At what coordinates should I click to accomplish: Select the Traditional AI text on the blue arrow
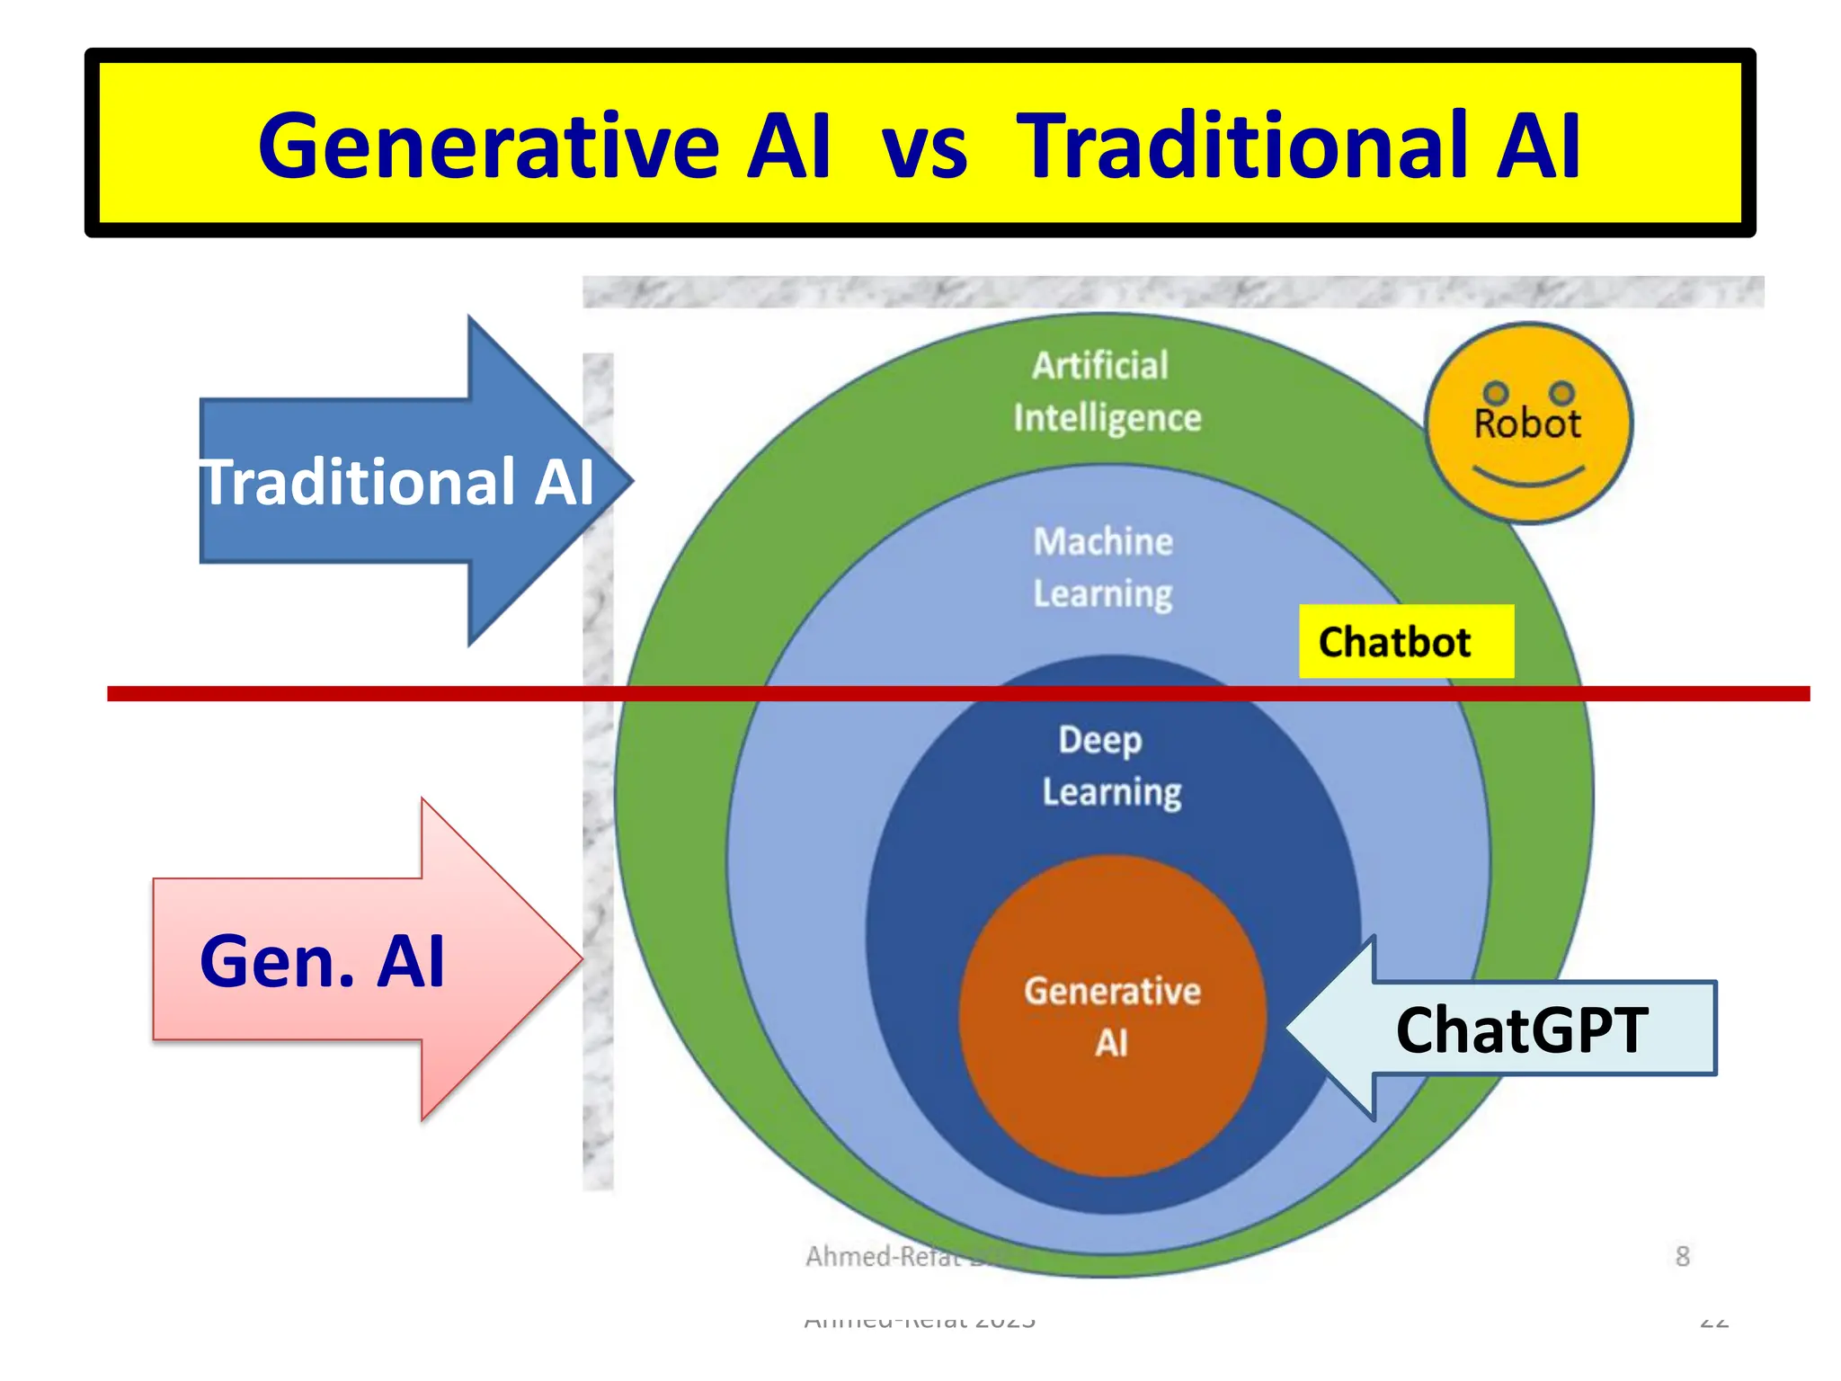click(396, 483)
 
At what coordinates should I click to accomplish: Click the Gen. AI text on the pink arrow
click(322, 961)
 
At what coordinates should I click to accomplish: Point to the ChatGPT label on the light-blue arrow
click(1521, 1030)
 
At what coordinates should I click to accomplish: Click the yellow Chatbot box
click(1404, 642)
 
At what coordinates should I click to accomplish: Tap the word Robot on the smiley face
click(1526, 424)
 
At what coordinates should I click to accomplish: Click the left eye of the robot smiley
click(1495, 393)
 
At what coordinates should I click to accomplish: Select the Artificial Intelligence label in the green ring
click(1105, 392)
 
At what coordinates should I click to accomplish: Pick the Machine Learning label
click(1102, 567)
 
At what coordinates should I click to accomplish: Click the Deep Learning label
click(1109, 765)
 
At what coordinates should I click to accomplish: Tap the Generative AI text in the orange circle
click(1112, 1017)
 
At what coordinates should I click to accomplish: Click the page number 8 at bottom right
click(1682, 1256)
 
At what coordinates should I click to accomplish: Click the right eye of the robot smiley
click(1562, 393)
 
